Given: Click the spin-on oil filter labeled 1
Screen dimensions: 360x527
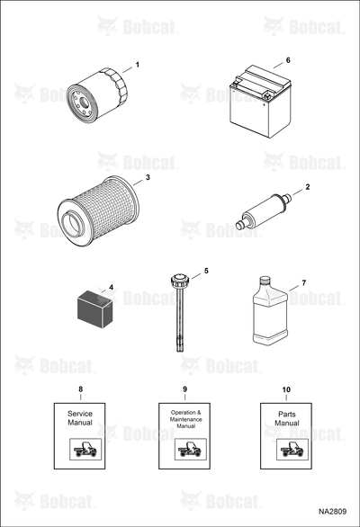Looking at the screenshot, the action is point(97,96).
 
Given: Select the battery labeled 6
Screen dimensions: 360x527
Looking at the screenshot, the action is point(260,102).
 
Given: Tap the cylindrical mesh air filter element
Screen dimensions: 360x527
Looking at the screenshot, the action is point(98,211).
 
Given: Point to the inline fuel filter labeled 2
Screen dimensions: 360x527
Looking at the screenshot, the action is point(262,211).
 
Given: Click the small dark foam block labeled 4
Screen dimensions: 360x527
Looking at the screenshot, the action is point(94,308).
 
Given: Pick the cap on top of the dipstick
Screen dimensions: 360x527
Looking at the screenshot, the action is point(180,280).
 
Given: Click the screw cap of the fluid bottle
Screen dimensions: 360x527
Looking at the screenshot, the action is point(265,280).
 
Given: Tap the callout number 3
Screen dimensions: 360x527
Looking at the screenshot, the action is point(148,177).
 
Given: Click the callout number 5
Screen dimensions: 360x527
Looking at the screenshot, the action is point(206,271).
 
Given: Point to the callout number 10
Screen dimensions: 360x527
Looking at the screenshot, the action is point(286,389).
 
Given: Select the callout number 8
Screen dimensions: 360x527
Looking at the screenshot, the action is point(80,389).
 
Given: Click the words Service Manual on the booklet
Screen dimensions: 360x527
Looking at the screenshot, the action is point(80,418).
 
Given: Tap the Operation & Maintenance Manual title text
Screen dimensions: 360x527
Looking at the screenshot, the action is point(185,419).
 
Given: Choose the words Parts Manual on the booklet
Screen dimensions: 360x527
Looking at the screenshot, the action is point(287,419).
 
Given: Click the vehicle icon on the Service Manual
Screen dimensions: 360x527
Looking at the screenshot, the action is point(85,450).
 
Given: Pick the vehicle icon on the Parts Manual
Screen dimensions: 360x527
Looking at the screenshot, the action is point(292,450).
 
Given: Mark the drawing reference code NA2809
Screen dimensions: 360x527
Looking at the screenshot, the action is point(332,512).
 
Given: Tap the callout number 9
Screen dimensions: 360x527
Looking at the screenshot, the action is point(184,389).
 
